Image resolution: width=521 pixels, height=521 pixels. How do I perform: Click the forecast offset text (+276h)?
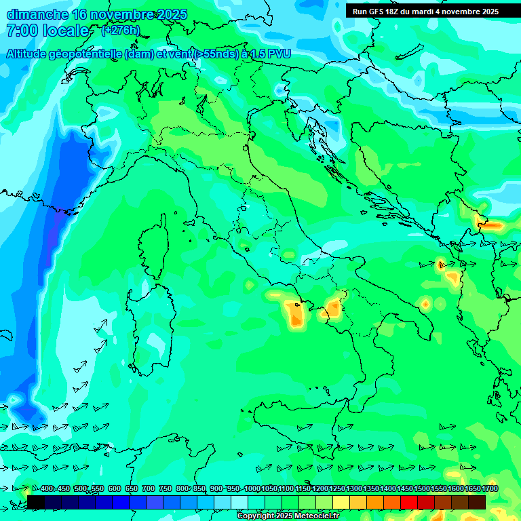[120, 31]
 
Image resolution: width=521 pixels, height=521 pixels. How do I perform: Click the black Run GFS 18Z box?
[425, 11]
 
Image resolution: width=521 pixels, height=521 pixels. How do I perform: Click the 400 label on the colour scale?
[47, 488]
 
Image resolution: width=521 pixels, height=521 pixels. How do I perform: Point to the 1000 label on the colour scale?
[252, 488]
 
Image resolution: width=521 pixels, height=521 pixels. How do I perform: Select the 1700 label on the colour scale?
[473, 488]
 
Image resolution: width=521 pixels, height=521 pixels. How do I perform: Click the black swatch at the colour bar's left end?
[36, 502]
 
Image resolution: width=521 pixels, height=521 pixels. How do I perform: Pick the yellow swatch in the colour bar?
[341, 502]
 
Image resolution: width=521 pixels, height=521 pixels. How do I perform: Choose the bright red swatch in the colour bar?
[408, 502]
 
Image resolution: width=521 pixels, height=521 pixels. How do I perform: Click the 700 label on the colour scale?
[149, 488]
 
